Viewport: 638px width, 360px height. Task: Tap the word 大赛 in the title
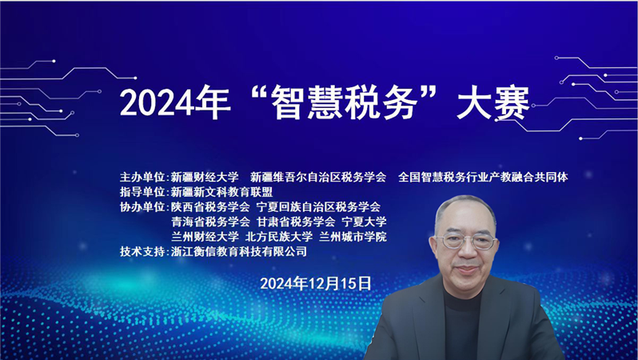coord(493,102)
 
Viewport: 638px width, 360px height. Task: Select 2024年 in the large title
coord(175,102)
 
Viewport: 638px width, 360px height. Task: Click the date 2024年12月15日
coord(316,283)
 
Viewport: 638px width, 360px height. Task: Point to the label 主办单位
coord(142,177)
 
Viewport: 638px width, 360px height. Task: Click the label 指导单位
coord(142,192)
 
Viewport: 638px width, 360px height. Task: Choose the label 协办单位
coord(142,207)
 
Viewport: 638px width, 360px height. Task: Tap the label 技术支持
coord(142,251)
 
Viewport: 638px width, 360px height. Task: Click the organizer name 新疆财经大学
coord(205,177)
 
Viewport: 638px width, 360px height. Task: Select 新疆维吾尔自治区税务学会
coord(318,177)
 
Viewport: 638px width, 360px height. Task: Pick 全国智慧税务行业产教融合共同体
coord(483,177)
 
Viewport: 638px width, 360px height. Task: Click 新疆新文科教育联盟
coord(221,192)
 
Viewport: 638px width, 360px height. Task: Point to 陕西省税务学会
coord(210,207)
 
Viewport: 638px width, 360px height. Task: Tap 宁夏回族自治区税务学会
coord(318,207)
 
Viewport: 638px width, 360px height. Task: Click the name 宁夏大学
coord(364,222)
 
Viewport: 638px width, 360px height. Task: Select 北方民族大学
coord(279,237)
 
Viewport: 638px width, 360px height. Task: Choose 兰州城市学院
coord(353,237)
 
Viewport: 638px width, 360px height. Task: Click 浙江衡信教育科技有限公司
coord(239,251)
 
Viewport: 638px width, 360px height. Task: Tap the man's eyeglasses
coord(466,242)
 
